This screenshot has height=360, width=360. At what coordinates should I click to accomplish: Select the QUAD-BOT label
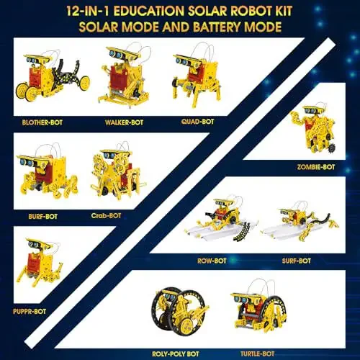197,122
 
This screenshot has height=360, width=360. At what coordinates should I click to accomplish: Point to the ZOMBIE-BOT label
315,167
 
